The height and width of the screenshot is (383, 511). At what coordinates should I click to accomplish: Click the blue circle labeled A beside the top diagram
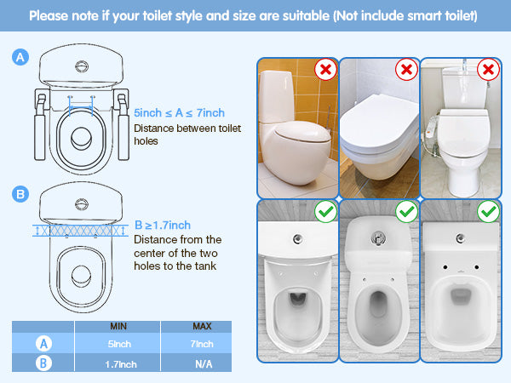(20, 57)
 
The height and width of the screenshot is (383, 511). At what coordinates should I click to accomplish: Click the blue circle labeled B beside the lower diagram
(20, 194)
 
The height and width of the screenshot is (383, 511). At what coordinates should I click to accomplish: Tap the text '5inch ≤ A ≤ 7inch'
(179, 113)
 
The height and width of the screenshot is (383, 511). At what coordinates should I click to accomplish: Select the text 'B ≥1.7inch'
(163, 225)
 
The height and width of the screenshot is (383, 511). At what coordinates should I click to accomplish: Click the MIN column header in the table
(118, 326)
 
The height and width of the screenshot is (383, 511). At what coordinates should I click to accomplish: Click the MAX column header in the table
(202, 326)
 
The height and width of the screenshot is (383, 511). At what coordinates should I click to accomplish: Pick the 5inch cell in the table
(119, 344)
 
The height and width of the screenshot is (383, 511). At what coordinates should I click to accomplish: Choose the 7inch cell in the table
(202, 344)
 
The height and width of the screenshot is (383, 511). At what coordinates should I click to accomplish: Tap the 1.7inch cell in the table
(121, 364)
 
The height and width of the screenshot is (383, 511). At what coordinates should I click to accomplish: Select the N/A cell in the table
(204, 364)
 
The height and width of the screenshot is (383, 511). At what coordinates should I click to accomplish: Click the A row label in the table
(43, 344)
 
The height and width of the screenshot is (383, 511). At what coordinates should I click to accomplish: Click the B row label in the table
(43, 363)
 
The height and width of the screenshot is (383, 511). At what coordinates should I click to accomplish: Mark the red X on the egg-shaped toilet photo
(325, 70)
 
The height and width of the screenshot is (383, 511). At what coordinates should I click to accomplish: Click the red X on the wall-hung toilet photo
(406, 70)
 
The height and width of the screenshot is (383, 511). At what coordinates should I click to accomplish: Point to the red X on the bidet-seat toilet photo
(488, 70)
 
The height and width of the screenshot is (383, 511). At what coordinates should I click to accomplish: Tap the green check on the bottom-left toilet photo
(325, 212)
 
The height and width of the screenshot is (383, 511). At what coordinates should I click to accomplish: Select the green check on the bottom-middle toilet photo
(406, 212)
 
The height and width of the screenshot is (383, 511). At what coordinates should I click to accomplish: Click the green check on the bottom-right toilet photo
(488, 212)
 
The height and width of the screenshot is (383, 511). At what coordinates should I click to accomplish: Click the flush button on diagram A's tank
(82, 66)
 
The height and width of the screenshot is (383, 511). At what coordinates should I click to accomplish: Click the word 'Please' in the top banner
(49, 16)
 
